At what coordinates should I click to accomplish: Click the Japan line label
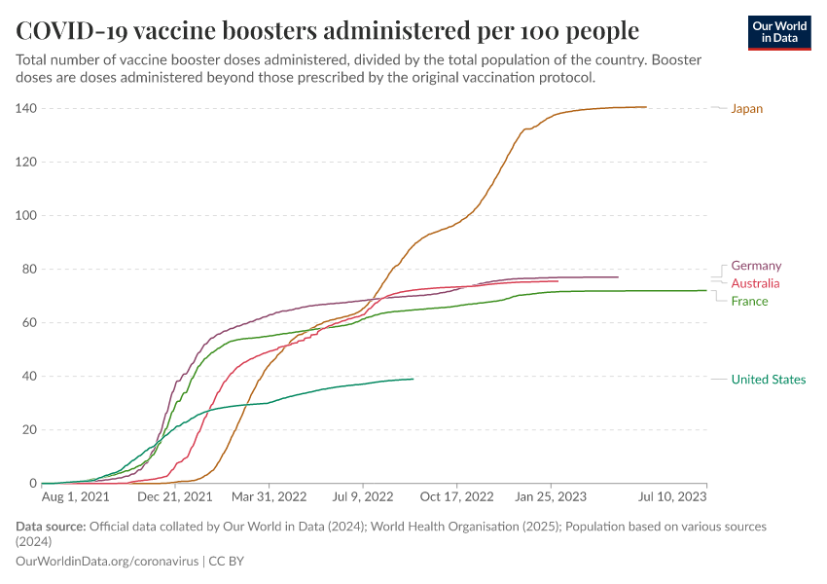[746, 109]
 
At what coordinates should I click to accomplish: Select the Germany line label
[756, 266]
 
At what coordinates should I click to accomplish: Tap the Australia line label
[755, 283]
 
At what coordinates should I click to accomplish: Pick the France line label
[749, 301]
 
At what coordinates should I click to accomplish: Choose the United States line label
[769, 380]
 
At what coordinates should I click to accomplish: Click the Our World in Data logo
[779, 32]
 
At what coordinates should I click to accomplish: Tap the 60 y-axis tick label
[28, 322]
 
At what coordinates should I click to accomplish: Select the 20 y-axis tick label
[28, 429]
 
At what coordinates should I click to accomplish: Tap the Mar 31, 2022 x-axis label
[270, 496]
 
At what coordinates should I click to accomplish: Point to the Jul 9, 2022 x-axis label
[364, 496]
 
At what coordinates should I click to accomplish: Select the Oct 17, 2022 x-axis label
[458, 496]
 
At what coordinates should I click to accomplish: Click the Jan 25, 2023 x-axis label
[552, 496]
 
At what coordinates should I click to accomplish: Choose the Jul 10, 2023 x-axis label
[672, 496]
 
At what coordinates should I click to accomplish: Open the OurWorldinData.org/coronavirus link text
[107, 562]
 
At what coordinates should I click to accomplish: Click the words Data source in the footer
[51, 527]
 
